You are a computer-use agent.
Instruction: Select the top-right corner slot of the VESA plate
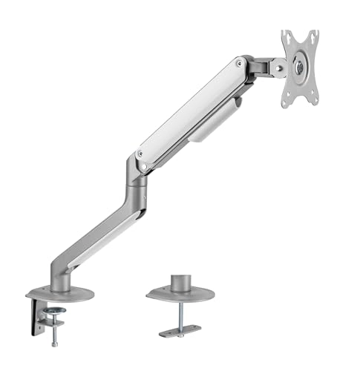coord(315,33)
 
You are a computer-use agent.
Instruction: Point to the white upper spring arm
coord(193,111)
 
